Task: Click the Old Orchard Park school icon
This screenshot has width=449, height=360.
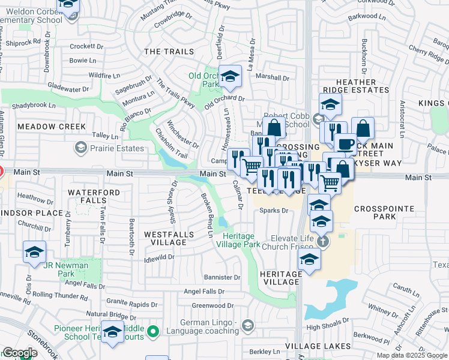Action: pyautogui.click(x=229, y=77)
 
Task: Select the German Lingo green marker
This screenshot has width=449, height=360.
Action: pyautogui.click(x=248, y=326)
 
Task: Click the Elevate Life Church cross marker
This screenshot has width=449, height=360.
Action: pyautogui.click(x=323, y=242)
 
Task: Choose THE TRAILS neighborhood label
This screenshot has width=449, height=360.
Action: pyautogui.click(x=169, y=52)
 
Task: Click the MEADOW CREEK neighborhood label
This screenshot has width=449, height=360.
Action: pyautogui.click(x=52, y=127)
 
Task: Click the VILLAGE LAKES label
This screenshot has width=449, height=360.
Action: pyautogui.click(x=318, y=346)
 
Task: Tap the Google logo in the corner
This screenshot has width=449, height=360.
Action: pyautogui.click(x=20, y=353)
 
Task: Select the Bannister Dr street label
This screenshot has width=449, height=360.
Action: pyautogui.click(x=221, y=277)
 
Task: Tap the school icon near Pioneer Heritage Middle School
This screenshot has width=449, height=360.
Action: pyautogui.click(x=112, y=333)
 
